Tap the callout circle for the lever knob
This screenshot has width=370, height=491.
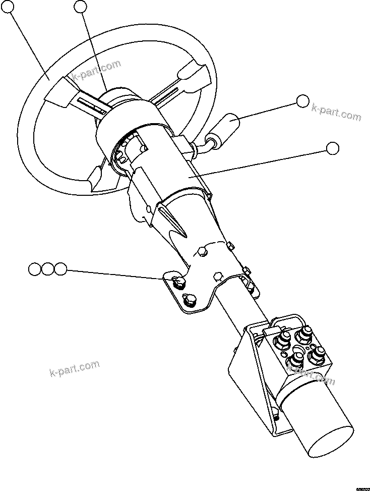[x=302, y=101]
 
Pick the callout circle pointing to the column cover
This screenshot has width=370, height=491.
[x=333, y=148]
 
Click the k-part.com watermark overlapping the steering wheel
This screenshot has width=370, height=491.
[x=96, y=71]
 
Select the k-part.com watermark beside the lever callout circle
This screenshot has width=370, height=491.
[x=336, y=112]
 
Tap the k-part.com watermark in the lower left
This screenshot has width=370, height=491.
[x=74, y=368]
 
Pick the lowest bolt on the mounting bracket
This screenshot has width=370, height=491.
[x=190, y=300]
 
